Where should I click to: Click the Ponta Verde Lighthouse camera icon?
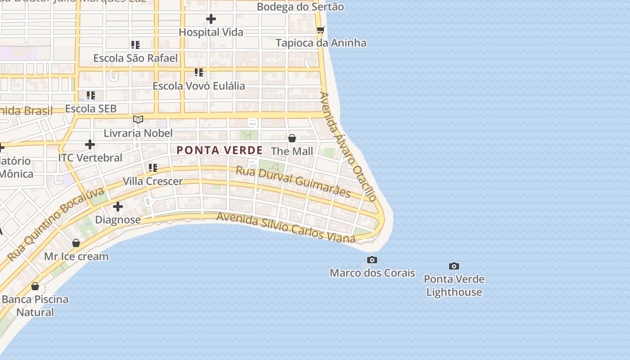(454, 266)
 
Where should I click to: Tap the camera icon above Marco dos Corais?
(372, 260)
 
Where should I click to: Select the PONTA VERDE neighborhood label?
(220, 150)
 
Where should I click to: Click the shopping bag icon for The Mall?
(292, 138)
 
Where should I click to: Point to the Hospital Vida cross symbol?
(211, 19)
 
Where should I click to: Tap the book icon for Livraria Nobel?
(138, 120)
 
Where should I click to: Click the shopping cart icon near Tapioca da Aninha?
(320, 30)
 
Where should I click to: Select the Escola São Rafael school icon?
(135, 45)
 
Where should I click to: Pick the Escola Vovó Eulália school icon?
(199, 72)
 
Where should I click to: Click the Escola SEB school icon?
(91, 95)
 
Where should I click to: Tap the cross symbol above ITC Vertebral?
(90, 144)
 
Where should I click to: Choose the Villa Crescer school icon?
(153, 168)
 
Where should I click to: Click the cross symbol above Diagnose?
(118, 207)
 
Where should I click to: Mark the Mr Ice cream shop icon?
(76, 243)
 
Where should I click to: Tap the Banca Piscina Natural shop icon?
(35, 286)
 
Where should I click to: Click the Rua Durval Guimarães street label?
(293, 182)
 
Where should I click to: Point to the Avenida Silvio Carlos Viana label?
(286, 227)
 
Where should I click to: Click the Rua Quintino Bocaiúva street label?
(56, 224)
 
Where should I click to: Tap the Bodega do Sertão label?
(300, 7)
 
